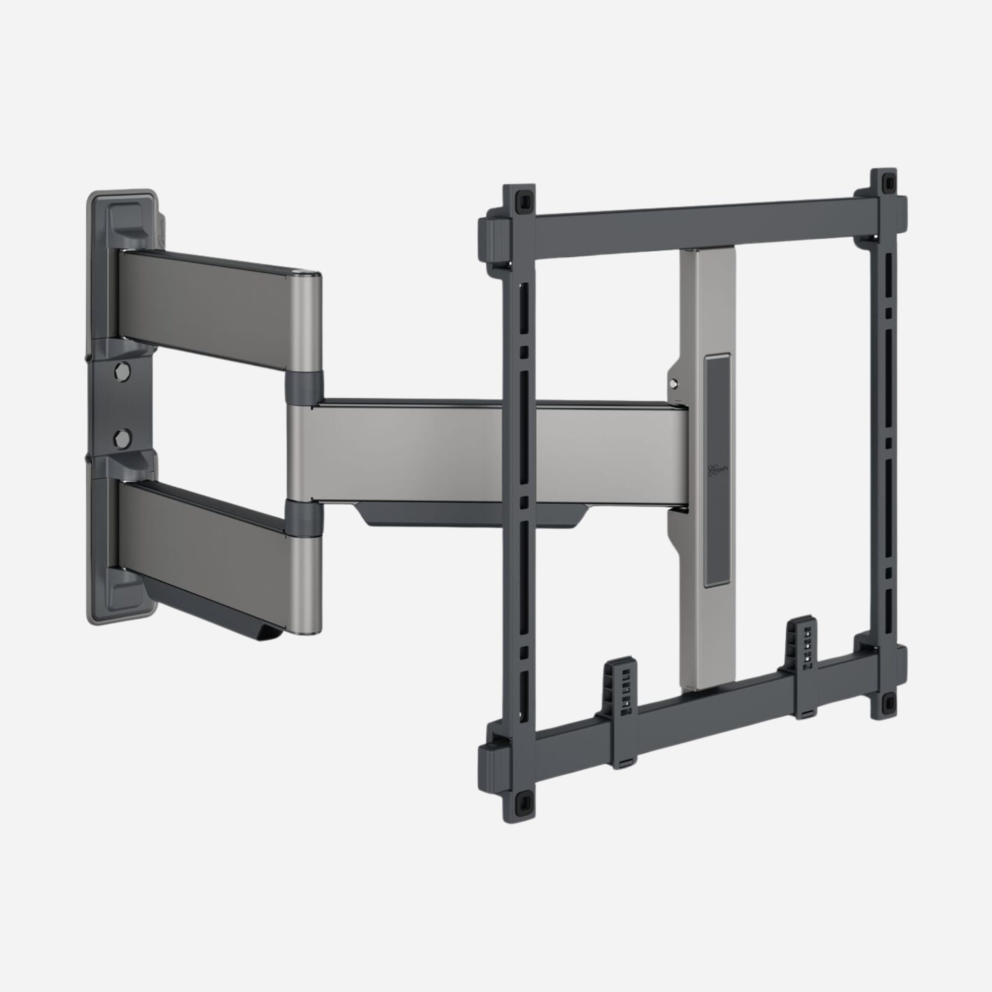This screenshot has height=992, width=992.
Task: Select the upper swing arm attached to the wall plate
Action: [x=205, y=308]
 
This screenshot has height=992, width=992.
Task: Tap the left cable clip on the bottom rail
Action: [x=624, y=685]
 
